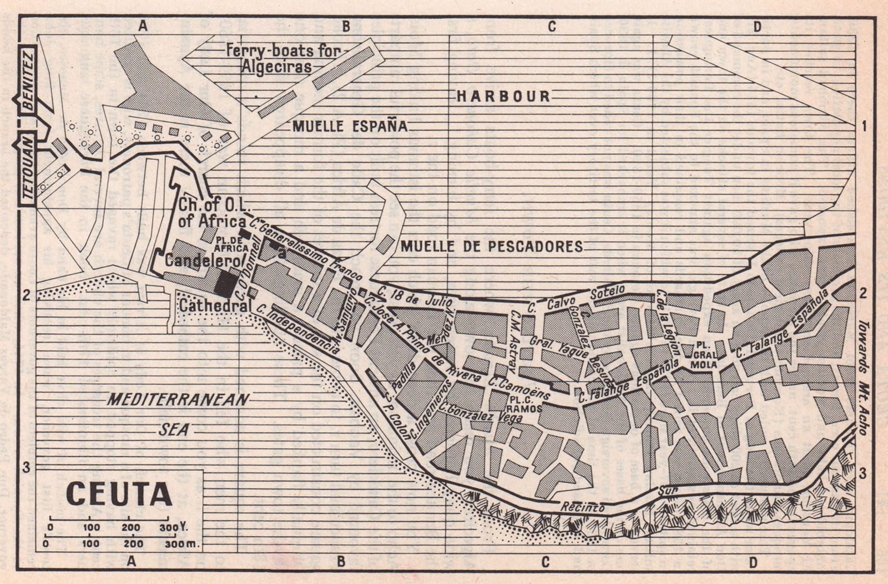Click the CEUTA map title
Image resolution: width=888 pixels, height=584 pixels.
(x=119, y=494)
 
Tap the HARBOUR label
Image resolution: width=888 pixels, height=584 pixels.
(x=503, y=97)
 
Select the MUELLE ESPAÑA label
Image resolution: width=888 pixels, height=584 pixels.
(x=350, y=126)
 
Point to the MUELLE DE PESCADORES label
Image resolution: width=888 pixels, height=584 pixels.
(x=491, y=246)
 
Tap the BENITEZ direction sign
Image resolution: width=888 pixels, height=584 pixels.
(x=28, y=80)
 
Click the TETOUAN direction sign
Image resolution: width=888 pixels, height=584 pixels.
(x=28, y=169)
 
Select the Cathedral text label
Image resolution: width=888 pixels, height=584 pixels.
(x=214, y=305)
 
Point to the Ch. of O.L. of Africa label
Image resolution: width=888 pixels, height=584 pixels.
(x=211, y=212)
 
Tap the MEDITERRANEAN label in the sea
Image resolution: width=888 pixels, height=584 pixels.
(x=178, y=400)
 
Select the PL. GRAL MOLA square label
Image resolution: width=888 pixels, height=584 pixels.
(x=704, y=355)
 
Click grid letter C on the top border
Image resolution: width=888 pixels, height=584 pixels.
(x=551, y=27)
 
